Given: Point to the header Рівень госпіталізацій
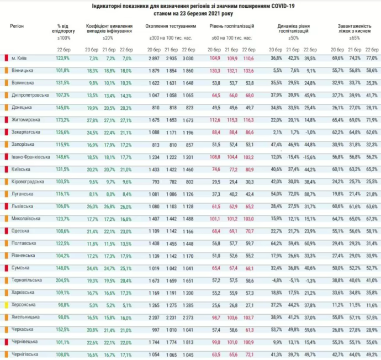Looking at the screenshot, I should pos(232,26).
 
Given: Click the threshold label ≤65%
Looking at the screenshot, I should pos(356,37).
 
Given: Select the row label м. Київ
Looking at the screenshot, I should pos(20,58).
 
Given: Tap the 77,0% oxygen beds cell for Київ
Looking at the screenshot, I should pos(372,58).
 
